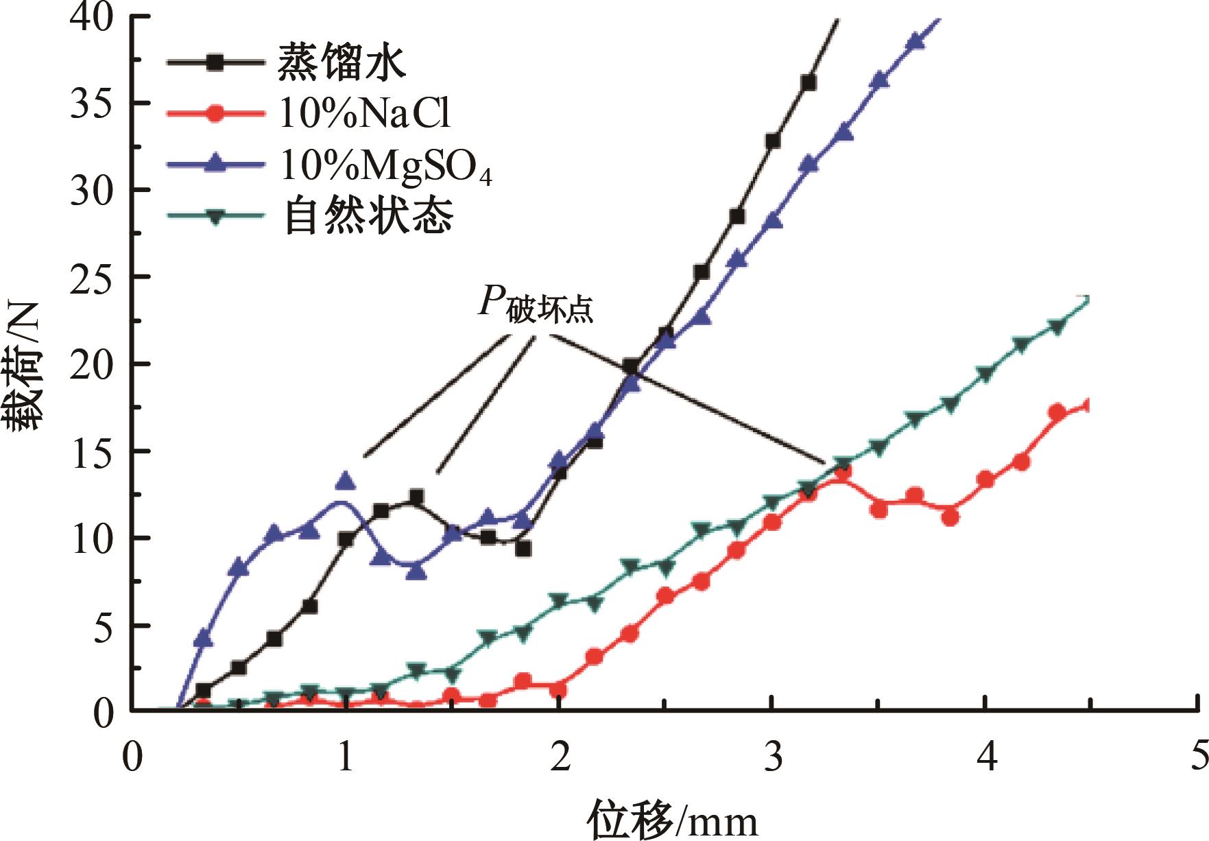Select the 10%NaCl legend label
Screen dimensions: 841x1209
(364, 114)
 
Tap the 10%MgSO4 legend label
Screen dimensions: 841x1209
(385, 167)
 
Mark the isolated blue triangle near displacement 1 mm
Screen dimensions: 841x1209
(346, 481)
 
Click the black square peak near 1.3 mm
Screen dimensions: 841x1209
(416, 497)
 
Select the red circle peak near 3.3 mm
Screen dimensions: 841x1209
(843, 472)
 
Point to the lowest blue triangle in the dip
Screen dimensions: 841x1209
(416, 571)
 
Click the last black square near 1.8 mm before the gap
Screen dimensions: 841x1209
(524, 549)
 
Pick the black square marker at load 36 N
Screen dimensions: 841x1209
(809, 83)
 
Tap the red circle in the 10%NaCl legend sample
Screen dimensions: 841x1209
(215, 114)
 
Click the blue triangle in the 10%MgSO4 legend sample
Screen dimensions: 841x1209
(215, 163)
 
